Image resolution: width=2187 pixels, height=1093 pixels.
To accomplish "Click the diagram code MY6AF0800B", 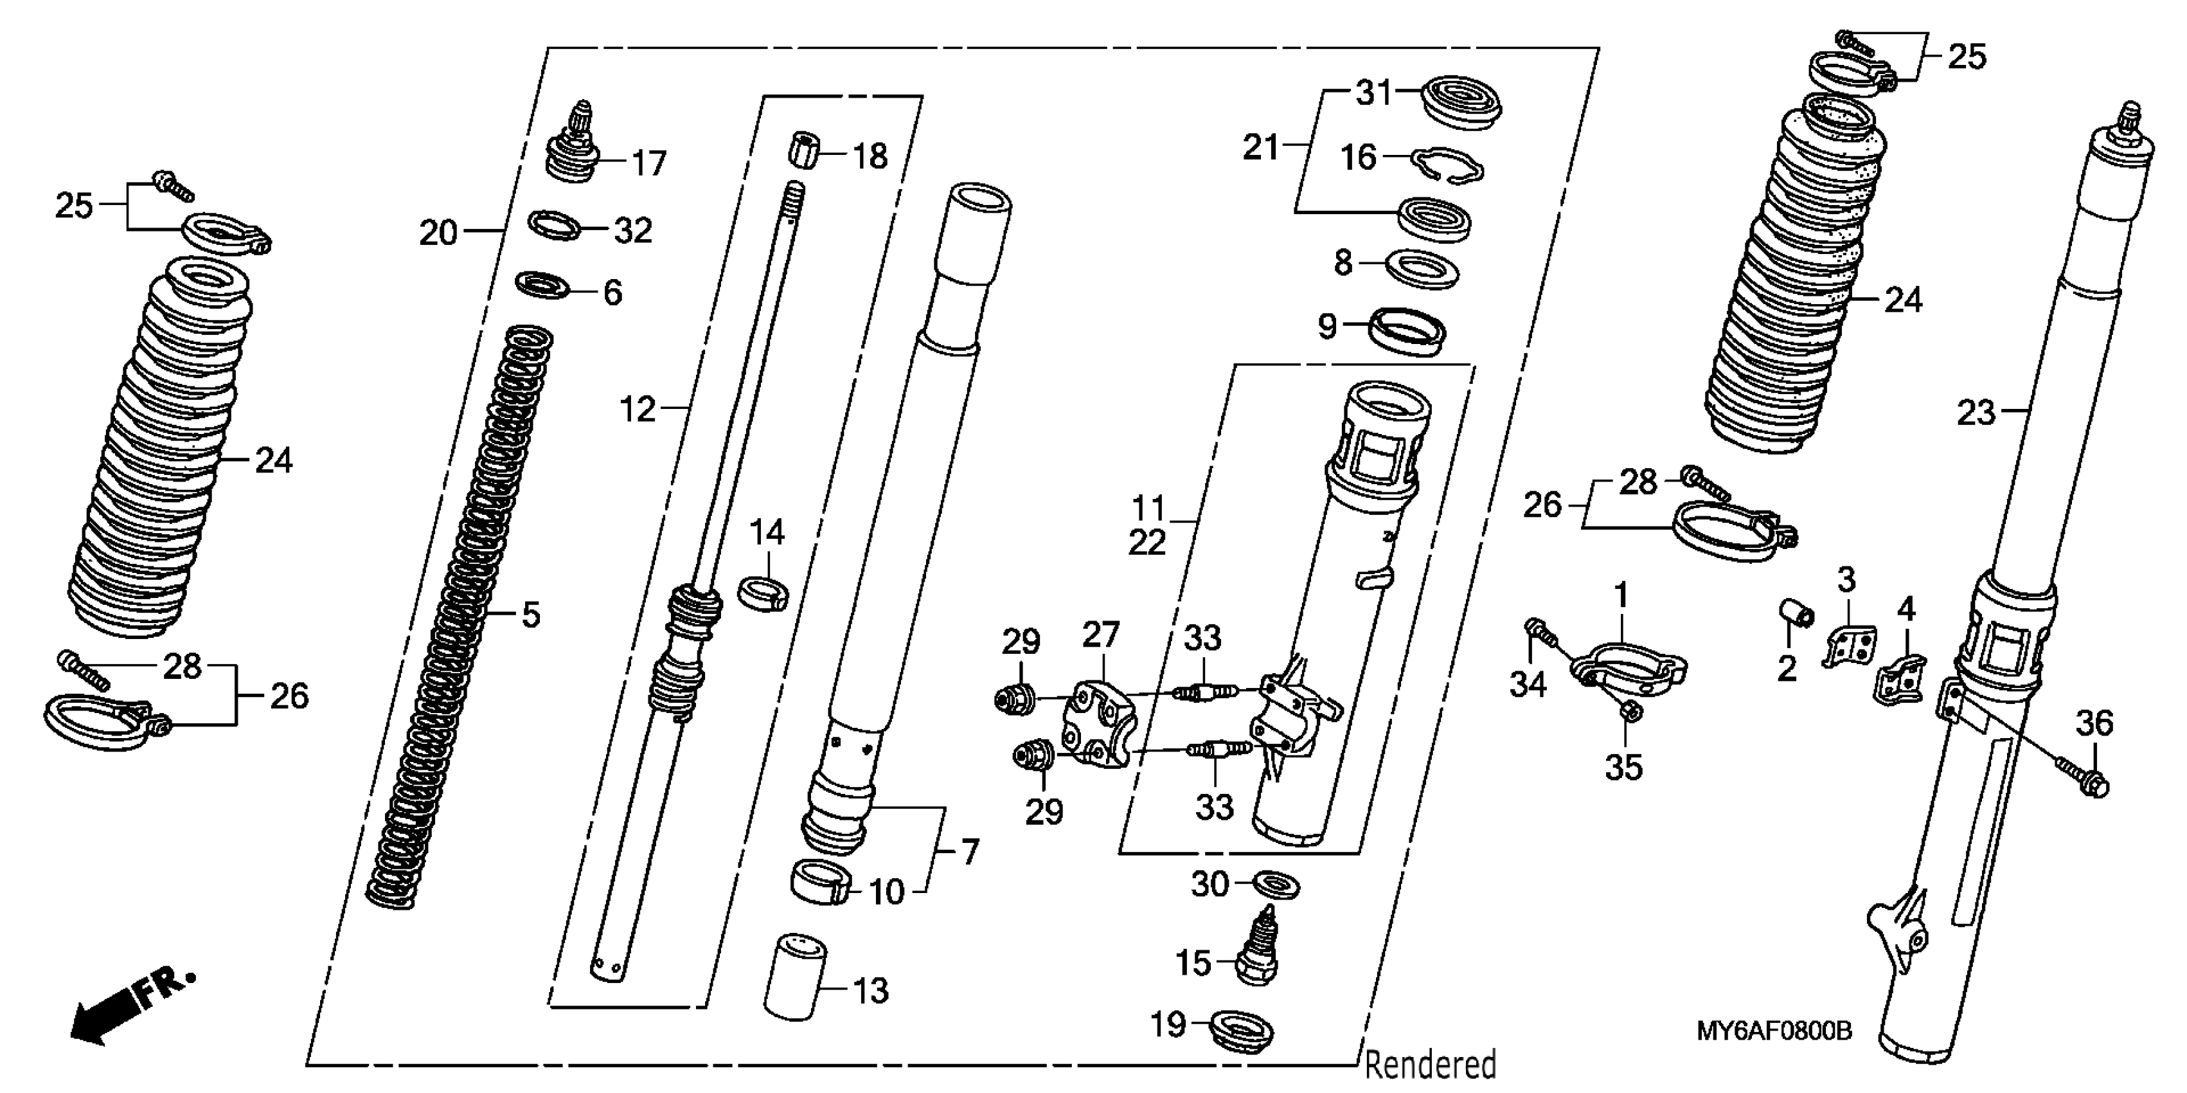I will tap(1772, 1031).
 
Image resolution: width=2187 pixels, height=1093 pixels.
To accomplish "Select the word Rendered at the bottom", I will tap(1430, 1065).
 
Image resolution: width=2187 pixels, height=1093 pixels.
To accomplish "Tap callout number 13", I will tap(870, 990).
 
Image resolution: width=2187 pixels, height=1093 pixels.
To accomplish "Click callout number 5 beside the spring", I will tap(531, 614).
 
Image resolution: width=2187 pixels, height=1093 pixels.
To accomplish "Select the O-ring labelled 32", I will tap(555, 227).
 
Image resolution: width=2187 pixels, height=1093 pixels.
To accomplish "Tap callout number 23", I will tap(1976, 413).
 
